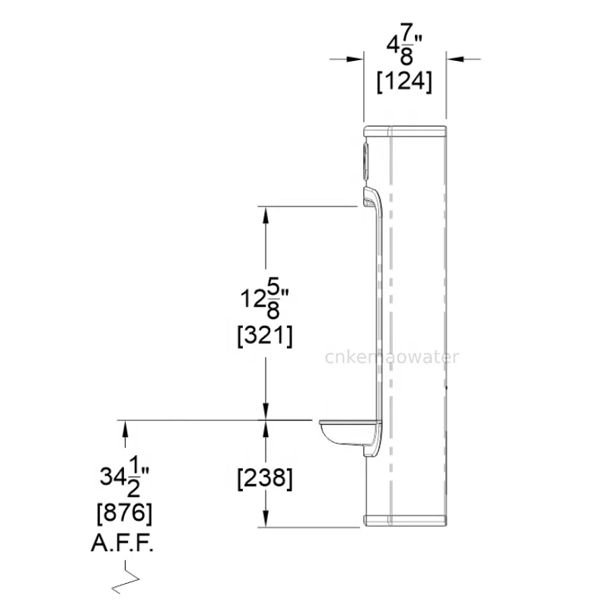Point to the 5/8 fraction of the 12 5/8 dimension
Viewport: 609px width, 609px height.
pyautogui.click(x=274, y=298)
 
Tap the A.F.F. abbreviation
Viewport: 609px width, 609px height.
pyautogui.click(x=126, y=546)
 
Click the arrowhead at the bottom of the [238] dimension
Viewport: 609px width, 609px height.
pyautogui.click(x=265, y=518)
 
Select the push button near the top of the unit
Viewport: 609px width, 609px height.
pyautogui.click(x=367, y=157)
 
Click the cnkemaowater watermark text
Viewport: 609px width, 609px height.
pyautogui.click(x=391, y=357)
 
